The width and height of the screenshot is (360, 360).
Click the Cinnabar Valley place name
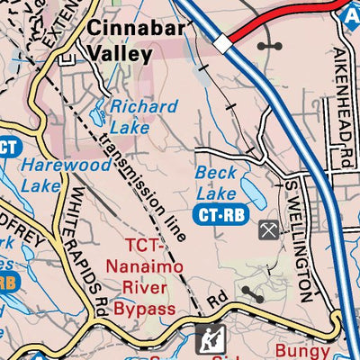click(136, 40)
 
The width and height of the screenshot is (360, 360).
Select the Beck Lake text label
click(215, 181)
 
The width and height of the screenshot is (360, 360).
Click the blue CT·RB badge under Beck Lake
click(220, 214)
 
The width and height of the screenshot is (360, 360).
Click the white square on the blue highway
click(221, 43)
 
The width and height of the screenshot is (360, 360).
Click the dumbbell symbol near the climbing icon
click(251, 292)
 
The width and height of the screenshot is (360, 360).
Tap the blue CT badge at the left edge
click(7, 147)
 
